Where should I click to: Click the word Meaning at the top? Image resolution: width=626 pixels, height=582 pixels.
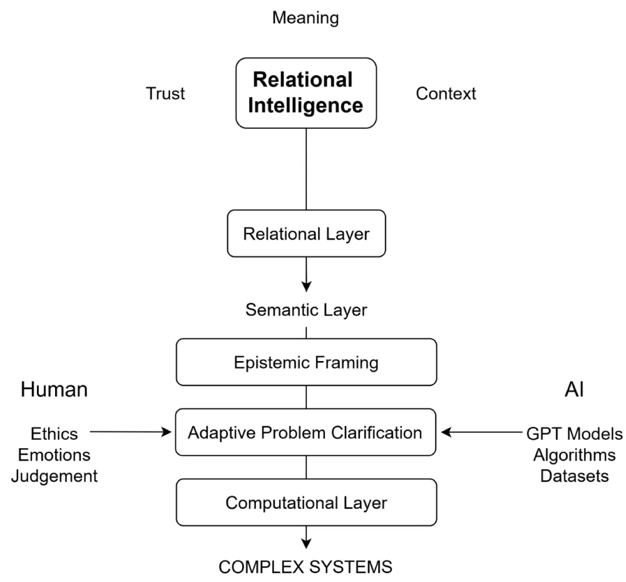[305, 18]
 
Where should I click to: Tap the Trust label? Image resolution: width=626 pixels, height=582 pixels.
[165, 94]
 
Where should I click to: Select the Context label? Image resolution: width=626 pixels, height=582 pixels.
[446, 94]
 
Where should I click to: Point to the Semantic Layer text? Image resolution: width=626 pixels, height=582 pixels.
[305, 309]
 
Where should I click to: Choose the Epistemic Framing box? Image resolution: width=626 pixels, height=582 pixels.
[305, 362]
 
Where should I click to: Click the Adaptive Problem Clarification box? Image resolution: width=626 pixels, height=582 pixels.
[305, 432]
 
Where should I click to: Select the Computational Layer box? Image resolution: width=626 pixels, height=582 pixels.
[305, 503]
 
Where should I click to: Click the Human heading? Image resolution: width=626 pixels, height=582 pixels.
[54, 390]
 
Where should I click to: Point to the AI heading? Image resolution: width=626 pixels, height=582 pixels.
[573, 390]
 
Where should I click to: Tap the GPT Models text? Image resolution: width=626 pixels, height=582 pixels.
[574, 433]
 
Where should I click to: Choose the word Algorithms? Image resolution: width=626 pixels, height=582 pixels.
[574, 454]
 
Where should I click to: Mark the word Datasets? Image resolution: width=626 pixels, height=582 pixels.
[574, 476]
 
